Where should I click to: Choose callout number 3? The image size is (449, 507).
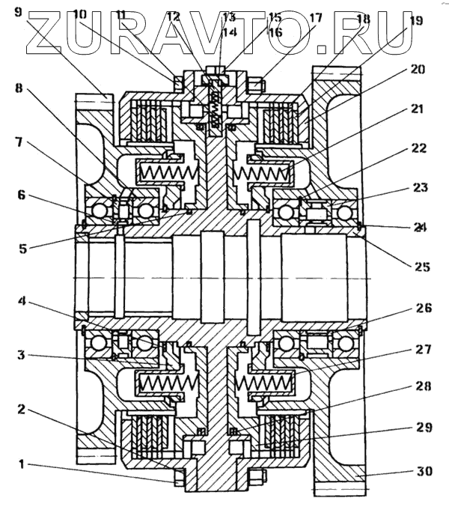[23, 356]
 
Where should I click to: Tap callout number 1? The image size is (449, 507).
[22, 464]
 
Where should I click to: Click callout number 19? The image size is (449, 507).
[415, 22]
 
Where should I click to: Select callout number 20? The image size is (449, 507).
[418, 70]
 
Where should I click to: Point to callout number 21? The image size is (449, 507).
[417, 109]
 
